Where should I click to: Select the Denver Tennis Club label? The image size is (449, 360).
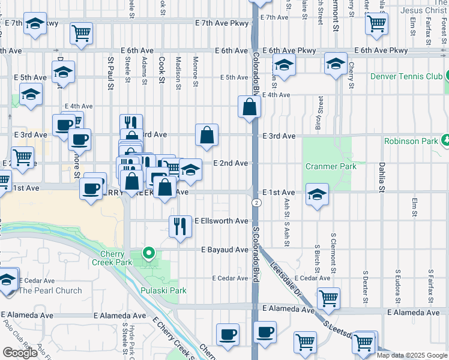pyautogui.click(x=406, y=76)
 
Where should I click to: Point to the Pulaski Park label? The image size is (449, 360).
pyautogui.click(x=163, y=290)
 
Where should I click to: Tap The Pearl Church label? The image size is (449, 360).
pyautogui.click(x=50, y=290)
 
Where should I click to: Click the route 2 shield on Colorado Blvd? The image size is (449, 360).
pyautogui.click(x=256, y=203)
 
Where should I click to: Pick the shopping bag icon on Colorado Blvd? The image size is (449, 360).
pyautogui.click(x=249, y=107)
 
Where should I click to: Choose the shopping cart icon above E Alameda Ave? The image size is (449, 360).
pyautogui.click(x=328, y=297)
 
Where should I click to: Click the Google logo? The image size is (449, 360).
pyautogui.click(x=20, y=353)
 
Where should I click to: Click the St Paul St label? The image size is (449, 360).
pyautogui.click(x=110, y=71)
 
